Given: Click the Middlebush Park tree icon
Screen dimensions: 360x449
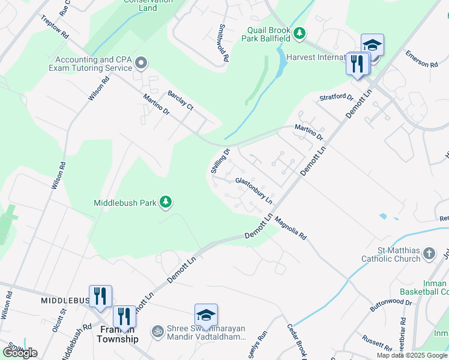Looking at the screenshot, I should tap(166, 203).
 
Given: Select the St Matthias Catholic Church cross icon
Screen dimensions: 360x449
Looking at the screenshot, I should tap(429, 253).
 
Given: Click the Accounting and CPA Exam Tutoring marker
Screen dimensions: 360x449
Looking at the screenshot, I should tap(141, 63).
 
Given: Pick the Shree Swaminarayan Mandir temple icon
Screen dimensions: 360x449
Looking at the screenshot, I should tap(158, 331).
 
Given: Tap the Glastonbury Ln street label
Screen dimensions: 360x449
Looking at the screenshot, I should tap(254, 189).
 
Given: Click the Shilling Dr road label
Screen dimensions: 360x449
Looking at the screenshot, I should tap(220, 161).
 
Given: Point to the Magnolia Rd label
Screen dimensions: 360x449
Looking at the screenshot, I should tap(291, 229).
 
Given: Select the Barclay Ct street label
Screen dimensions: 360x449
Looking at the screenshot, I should tap(180, 100).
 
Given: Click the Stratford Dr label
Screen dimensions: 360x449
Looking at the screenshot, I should tap(336, 97).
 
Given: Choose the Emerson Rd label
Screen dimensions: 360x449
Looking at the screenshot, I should tap(421, 59).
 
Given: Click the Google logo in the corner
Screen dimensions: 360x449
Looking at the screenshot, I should tap(20, 353).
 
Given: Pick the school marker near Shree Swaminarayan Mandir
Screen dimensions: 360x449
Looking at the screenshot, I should tap(206, 315).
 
